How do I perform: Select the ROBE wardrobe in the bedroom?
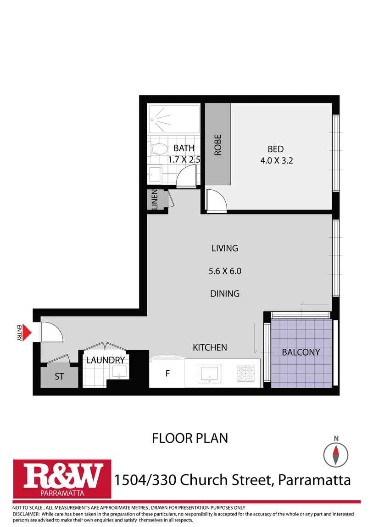(x=217, y=144)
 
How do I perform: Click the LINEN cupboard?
(x=155, y=200)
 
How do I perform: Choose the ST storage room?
(x=59, y=377)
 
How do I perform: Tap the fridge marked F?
(x=167, y=373)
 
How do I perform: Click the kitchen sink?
(x=209, y=373)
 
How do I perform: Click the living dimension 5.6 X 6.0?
(x=225, y=271)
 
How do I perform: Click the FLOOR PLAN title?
(x=189, y=438)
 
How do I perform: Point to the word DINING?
(x=225, y=293)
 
